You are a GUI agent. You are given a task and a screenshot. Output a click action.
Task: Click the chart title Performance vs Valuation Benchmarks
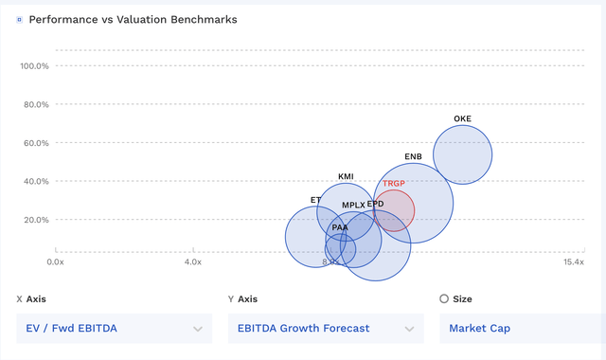click(133, 19)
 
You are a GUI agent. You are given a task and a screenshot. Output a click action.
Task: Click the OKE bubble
click(462, 154)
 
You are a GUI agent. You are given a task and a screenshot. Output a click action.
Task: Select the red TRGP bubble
click(394, 210)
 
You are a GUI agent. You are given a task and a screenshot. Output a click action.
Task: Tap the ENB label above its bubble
click(413, 156)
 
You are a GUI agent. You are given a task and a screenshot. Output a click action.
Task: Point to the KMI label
click(347, 177)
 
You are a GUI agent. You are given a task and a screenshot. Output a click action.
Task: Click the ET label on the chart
click(315, 200)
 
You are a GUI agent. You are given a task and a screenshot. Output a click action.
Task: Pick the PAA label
click(340, 228)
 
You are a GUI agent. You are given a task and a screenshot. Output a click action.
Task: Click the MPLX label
click(353, 205)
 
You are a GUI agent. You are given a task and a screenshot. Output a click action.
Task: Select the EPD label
click(376, 204)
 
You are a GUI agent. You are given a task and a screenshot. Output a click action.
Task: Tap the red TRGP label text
click(393, 184)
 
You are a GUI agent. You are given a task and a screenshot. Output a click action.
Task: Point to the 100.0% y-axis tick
click(34, 66)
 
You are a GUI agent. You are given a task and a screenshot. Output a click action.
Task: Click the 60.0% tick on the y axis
click(35, 143)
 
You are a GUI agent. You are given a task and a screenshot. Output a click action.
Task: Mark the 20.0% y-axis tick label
click(35, 220)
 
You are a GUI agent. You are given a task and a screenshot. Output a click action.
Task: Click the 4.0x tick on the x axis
click(192, 261)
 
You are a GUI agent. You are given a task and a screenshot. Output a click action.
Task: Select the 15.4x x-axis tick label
click(575, 261)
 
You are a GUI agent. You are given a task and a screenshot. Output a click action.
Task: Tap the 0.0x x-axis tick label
click(56, 261)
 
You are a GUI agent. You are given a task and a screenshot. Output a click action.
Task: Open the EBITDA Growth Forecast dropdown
click(325, 329)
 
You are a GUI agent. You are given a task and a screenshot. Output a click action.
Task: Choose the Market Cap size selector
click(521, 329)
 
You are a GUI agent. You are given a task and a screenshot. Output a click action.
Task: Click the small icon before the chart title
click(19, 19)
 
